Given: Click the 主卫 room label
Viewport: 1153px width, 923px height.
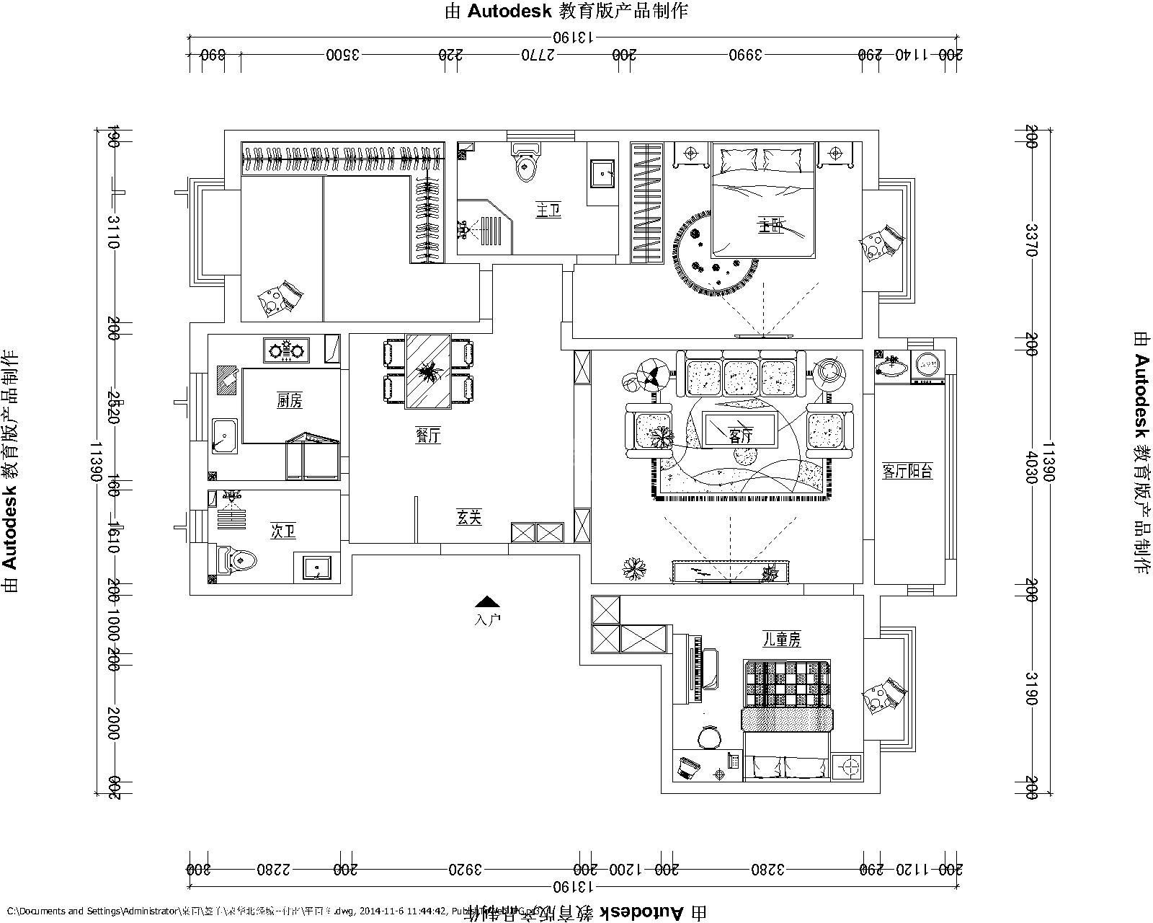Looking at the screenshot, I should (x=548, y=211).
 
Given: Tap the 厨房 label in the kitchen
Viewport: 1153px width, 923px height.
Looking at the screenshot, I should (x=289, y=401).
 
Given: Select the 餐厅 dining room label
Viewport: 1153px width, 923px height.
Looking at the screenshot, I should (x=428, y=436).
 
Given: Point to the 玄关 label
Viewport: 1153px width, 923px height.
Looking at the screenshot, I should (x=468, y=517).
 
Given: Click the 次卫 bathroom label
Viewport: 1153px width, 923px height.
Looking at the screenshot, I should (x=282, y=532).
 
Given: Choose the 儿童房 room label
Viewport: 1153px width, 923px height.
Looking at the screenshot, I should (x=782, y=639).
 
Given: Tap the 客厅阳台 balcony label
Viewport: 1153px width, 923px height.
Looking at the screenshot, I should (x=907, y=472).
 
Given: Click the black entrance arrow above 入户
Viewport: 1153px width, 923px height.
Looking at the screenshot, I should (x=488, y=601).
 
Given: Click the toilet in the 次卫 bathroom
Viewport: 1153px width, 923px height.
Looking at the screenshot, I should (x=236, y=561).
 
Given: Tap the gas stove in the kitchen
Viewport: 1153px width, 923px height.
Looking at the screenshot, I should (x=286, y=351).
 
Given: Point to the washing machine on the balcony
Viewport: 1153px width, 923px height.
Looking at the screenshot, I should (x=928, y=365).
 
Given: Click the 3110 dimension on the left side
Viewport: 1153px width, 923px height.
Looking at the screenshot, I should (x=113, y=231).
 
